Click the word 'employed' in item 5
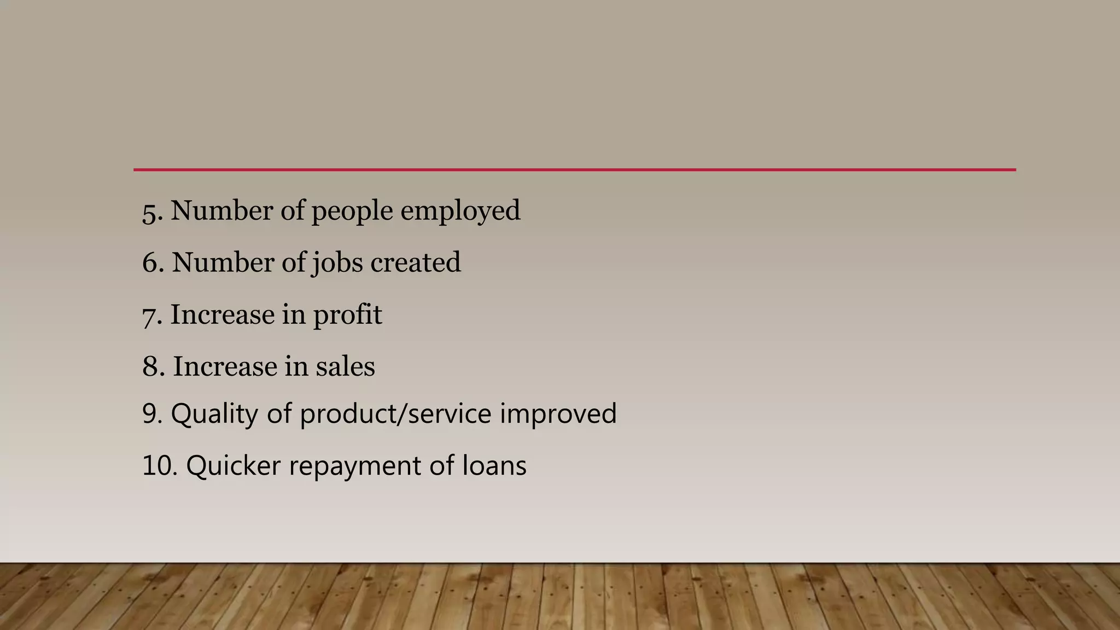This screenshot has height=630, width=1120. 460,212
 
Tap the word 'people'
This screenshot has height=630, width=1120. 352,212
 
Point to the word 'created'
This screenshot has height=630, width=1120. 415,262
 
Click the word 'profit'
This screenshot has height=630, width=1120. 347,316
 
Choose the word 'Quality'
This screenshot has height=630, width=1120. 214,414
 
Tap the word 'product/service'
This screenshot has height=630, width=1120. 395,414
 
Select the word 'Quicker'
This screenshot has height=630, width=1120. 234,466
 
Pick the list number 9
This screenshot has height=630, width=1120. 153,414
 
